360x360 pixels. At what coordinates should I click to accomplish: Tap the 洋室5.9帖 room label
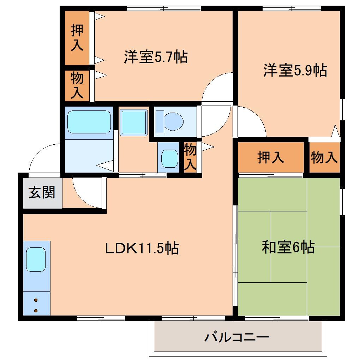295,70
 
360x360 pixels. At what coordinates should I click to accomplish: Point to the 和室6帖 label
288,247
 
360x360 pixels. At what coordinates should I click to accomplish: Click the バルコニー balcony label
237,337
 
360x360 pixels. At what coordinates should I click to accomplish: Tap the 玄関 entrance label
42,193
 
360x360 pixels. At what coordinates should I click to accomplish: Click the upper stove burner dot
36,300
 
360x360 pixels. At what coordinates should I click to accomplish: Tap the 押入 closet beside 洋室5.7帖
77,38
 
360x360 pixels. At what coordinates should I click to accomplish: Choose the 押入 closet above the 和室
270,157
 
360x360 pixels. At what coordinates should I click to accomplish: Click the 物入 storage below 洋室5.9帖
324,157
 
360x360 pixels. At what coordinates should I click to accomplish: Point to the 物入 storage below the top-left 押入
77,85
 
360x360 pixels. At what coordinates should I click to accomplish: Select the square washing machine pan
134,122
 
